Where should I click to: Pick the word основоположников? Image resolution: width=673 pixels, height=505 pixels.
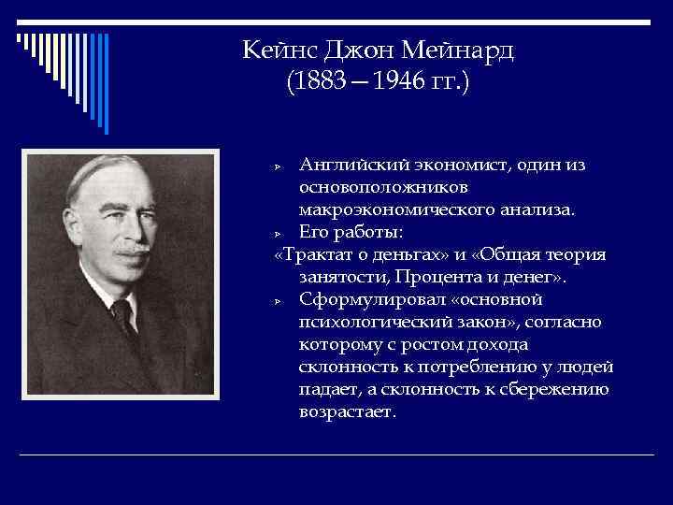click(x=371, y=188)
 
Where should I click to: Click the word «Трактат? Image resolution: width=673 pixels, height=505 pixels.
click(x=314, y=255)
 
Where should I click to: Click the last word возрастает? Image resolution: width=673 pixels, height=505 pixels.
click(x=348, y=412)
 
